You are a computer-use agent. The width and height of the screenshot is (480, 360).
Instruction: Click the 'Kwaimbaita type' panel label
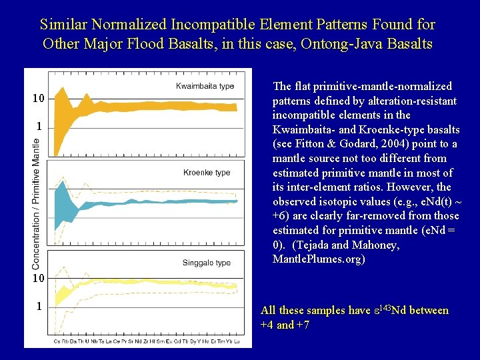[205, 86]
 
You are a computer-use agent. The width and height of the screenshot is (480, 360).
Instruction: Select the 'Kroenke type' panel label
[207, 173]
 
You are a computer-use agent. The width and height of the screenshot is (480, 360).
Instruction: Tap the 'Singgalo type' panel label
[207, 263]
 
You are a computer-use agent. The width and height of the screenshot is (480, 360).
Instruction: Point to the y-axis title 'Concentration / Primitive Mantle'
[36, 204]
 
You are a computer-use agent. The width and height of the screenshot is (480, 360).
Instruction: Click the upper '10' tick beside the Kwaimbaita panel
[39, 99]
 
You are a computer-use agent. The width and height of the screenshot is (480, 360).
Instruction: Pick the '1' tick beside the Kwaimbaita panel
[39, 126]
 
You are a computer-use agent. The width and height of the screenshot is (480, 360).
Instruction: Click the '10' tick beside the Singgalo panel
[39, 278]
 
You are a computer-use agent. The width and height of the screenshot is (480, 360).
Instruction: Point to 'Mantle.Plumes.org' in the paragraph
[319, 259]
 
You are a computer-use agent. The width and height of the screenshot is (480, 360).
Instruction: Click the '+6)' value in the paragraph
[282, 216]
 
